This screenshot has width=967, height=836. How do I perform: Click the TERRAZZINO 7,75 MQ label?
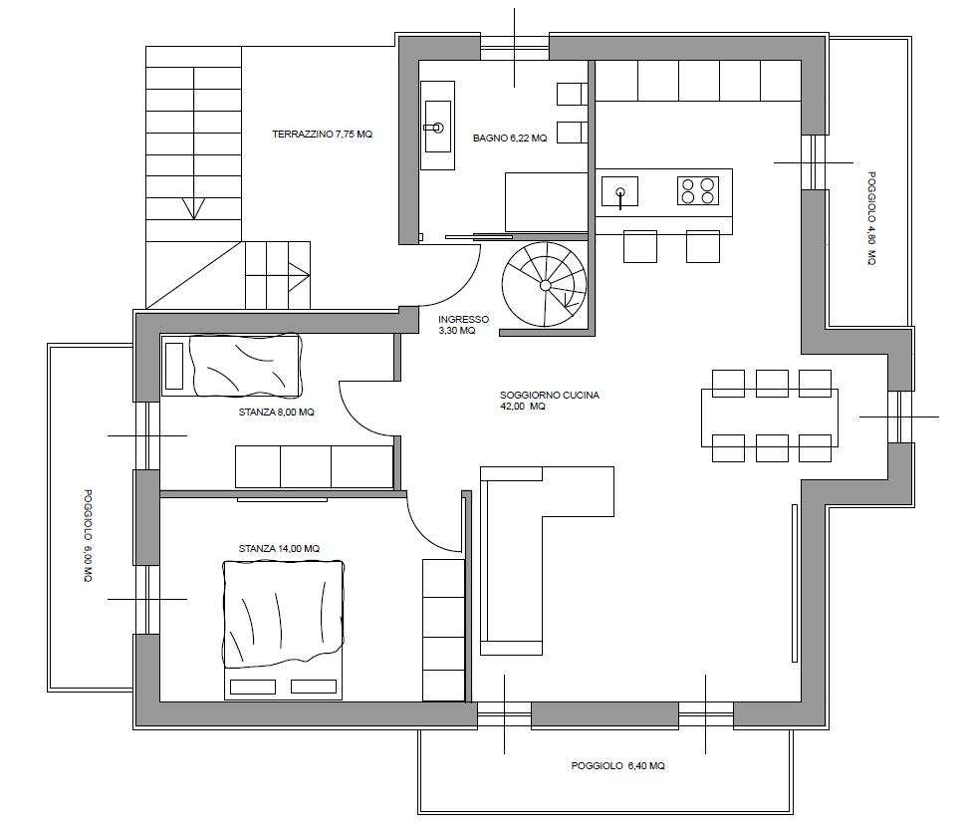pyautogui.click(x=322, y=134)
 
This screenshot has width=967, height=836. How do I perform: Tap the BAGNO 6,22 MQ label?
pyautogui.click(x=510, y=139)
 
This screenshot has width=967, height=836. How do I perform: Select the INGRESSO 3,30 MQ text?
pyautogui.click(x=463, y=325)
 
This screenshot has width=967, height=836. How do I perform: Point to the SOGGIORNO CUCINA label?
pyautogui.click(x=550, y=395)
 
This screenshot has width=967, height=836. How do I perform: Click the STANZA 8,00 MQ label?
pyautogui.click(x=276, y=413)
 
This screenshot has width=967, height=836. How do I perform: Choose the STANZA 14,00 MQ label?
pyautogui.click(x=279, y=548)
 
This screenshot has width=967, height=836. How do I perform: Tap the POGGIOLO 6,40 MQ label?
pyautogui.click(x=617, y=765)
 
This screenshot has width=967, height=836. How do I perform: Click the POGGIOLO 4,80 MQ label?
pyautogui.click(x=871, y=218)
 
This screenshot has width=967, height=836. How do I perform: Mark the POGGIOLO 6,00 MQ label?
pyautogui.click(x=88, y=536)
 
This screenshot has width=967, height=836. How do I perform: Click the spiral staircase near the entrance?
pyautogui.click(x=545, y=284)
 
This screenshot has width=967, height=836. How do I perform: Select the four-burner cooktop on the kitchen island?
pyautogui.click(x=697, y=190)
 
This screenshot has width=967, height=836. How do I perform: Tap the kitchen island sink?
pyautogui.click(x=619, y=191)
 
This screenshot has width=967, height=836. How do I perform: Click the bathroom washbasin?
pyautogui.click(x=437, y=127)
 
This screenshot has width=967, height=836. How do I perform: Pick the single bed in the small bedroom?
pyautogui.click(x=232, y=366)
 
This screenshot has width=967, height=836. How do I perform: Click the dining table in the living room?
pyautogui.click(x=770, y=418)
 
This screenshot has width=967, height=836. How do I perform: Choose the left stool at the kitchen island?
pyautogui.click(x=640, y=247)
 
